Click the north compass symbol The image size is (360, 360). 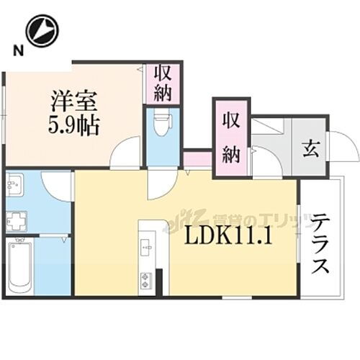(41, 31)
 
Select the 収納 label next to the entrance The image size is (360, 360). (230, 137)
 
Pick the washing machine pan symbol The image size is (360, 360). (17, 221)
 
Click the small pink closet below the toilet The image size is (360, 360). (197, 159)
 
